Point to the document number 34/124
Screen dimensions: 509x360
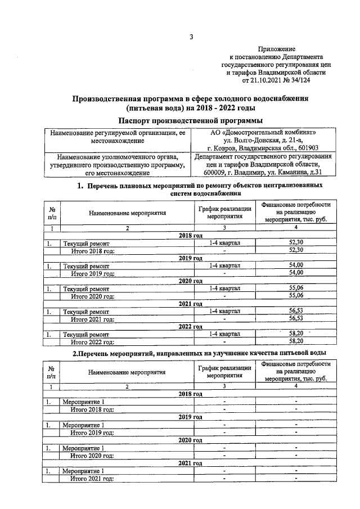tap(300, 80)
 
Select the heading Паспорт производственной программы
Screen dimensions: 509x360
tap(190, 120)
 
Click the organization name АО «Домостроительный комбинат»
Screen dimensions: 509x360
tap(262, 133)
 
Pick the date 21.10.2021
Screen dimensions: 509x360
tap(260, 80)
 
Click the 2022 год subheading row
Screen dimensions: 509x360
tap(190, 326)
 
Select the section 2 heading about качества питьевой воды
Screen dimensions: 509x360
tap(190, 353)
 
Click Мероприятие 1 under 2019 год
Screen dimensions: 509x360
tap(83, 425)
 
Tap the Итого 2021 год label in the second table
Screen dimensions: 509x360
tap(92, 478)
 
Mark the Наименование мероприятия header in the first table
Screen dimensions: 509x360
tap(127, 214)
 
